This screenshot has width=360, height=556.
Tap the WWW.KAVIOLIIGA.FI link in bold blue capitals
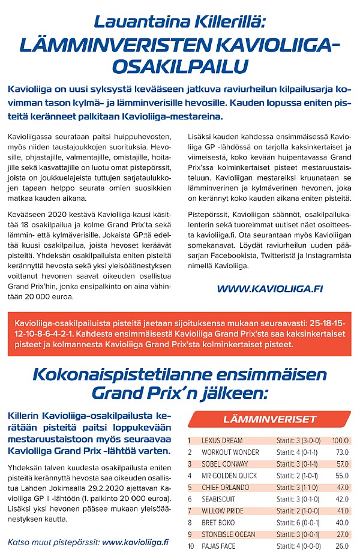(270, 288)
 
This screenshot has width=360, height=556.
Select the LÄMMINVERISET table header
(270, 418)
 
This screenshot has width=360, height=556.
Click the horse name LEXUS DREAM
(223, 440)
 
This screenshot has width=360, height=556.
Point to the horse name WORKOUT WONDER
(230, 452)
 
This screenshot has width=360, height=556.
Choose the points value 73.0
(342, 452)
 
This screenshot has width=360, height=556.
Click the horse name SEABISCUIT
(218, 499)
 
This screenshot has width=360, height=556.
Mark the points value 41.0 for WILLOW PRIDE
(342, 511)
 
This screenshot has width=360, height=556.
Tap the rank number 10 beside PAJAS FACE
(191, 546)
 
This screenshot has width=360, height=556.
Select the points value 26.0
(342, 546)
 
